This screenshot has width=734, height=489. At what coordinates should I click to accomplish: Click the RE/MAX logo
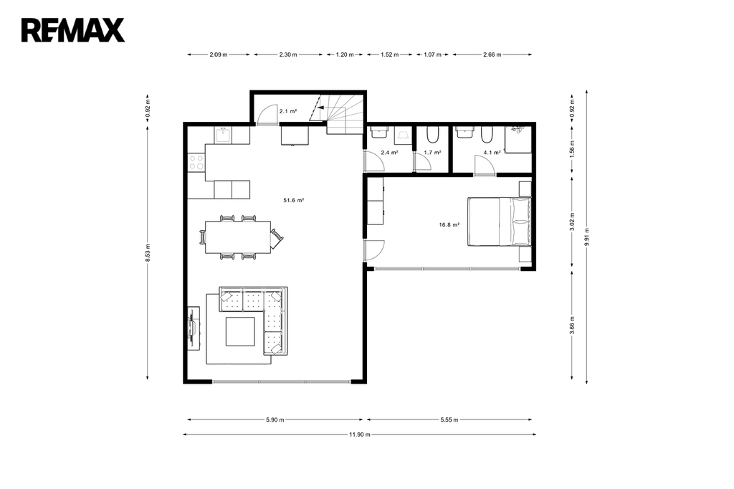pyautogui.click(x=72, y=30)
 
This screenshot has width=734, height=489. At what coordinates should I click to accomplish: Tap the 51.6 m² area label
pyautogui.click(x=293, y=201)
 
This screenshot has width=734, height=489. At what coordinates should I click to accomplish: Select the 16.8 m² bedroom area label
pyautogui.click(x=449, y=225)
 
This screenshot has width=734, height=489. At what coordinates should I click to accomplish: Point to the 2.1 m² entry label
pyautogui.click(x=288, y=111)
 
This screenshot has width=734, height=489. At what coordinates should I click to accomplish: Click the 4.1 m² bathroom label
pyautogui.click(x=492, y=153)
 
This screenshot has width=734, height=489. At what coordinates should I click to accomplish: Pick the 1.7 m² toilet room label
pyautogui.click(x=432, y=153)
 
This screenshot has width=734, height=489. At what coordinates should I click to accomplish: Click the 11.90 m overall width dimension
pyautogui.click(x=360, y=435)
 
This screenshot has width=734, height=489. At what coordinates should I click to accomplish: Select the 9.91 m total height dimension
pyautogui.click(x=586, y=237)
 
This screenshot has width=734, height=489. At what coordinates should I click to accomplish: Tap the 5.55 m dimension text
pyautogui.click(x=449, y=420)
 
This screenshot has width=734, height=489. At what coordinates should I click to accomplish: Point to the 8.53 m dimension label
pyautogui.click(x=148, y=252)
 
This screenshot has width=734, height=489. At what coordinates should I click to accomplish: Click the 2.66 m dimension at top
pyautogui.click(x=492, y=54)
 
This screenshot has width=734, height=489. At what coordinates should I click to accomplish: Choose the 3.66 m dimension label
pyautogui.click(x=572, y=326)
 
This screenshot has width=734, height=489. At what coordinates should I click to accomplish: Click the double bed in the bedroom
pyautogui.click(x=500, y=222)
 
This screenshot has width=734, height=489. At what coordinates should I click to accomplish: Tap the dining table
pyautogui.click(x=238, y=237)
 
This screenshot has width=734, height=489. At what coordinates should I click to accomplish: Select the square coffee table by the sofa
pyautogui.click(x=241, y=332)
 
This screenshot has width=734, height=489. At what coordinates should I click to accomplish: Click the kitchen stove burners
pyautogui.click(x=196, y=163)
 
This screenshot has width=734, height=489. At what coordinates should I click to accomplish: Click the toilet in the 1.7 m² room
pyautogui.click(x=432, y=134)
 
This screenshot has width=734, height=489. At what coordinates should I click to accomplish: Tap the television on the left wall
pyautogui.click(x=192, y=328)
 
